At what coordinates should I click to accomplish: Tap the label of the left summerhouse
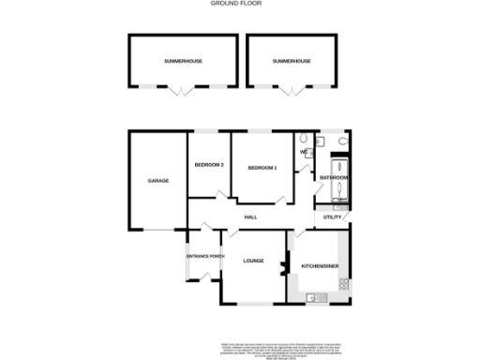(183, 61)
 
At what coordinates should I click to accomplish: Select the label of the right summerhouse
(291, 61)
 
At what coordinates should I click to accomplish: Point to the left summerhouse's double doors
(183, 90)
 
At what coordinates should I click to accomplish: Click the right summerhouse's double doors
(292, 90)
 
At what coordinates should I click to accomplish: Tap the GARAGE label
(157, 180)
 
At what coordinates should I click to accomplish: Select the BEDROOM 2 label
(209, 166)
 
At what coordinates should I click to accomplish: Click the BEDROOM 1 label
(262, 167)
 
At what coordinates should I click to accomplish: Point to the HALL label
(250, 217)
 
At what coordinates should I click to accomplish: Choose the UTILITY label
(333, 217)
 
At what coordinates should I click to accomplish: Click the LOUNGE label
(252, 261)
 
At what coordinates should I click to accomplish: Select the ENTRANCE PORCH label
(204, 256)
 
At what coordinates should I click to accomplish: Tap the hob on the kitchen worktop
(343, 281)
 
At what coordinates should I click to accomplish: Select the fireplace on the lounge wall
(283, 271)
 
